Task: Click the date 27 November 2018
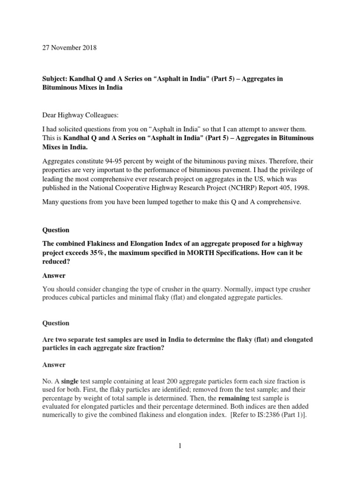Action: pos(69,48)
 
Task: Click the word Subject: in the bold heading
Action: pos(56,78)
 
